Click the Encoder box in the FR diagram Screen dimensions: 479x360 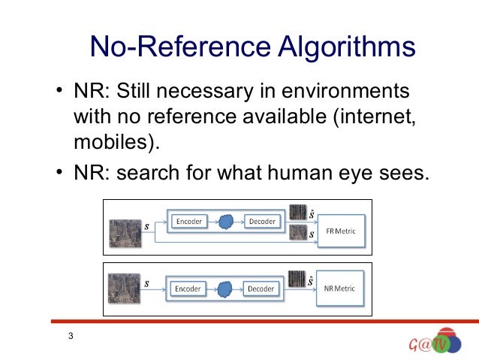[188, 221]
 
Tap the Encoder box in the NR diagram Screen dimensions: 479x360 [188, 288]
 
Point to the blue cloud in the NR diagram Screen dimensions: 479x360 [224, 288]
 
